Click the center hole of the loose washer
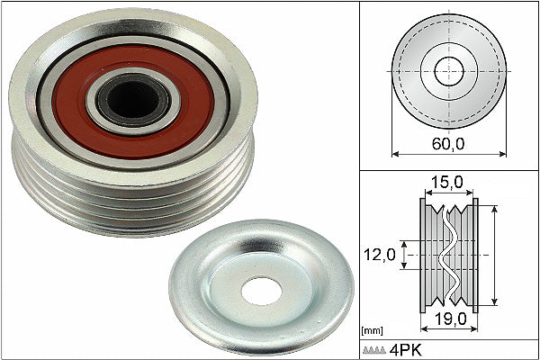coord(262,290)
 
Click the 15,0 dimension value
coord(446,183)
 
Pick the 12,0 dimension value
coord(378,255)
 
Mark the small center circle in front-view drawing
coord(448,70)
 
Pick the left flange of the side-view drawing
coord(423,256)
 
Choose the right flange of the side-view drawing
coord(475,256)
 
